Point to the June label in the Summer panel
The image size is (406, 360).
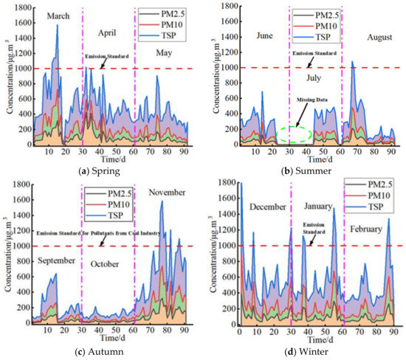pos(245,35)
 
